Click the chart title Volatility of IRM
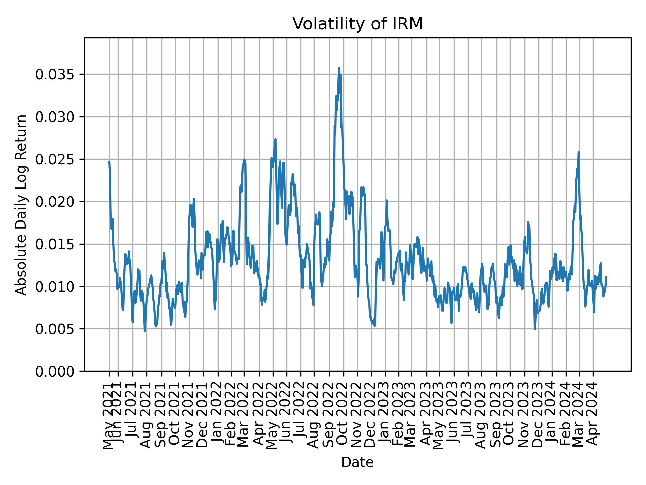(x=357, y=24)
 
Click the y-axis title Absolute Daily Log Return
(x=21, y=204)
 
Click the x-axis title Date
(x=357, y=462)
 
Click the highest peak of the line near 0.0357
(x=339, y=68)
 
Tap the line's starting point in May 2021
(x=109, y=162)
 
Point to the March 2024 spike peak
(x=578, y=152)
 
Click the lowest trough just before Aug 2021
(x=145, y=331)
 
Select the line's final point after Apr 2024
(x=606, y=277)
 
